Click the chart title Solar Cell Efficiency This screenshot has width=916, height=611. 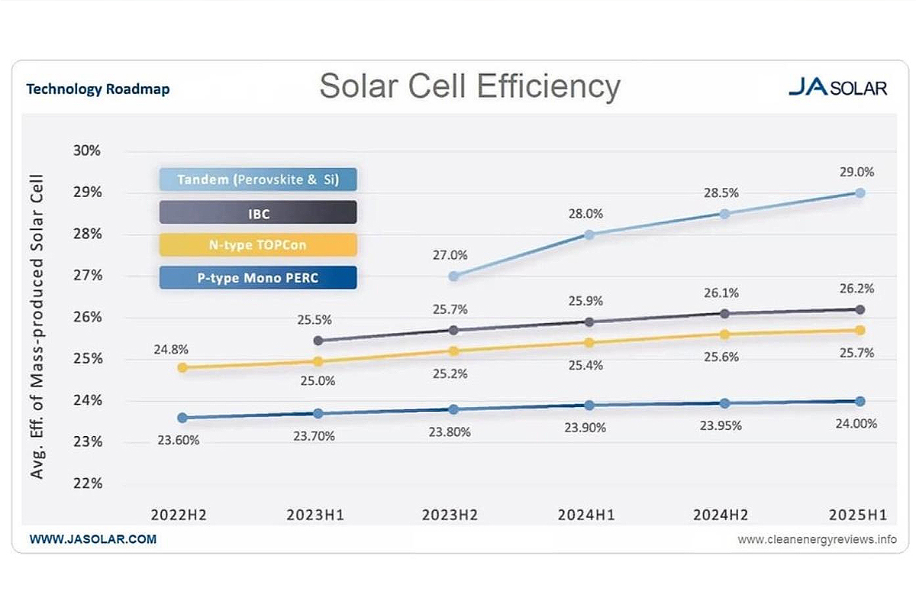coord(469,86)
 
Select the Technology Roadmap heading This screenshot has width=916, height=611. coord(98,89)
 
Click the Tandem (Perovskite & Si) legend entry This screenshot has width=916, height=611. coord(258,179)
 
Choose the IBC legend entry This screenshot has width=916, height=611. coord(258,213)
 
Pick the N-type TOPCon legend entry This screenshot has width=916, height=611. coord(258,245)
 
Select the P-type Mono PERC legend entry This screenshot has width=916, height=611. coord(258,278)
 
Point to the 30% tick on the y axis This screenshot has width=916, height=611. coord(86,150)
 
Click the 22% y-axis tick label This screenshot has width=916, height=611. coord(86,483)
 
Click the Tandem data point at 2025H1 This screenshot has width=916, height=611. coord(860,193)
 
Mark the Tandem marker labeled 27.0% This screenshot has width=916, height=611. coord(453,276)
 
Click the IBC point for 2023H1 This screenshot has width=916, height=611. coord(318,341)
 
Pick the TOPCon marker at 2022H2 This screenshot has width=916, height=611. coord(182,367)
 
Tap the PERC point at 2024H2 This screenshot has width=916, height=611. coord(724,403)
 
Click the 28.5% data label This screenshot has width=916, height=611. coord(720,193)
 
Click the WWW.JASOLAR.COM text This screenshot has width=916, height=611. coord(92,539)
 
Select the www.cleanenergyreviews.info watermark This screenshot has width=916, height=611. coord(817,540)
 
